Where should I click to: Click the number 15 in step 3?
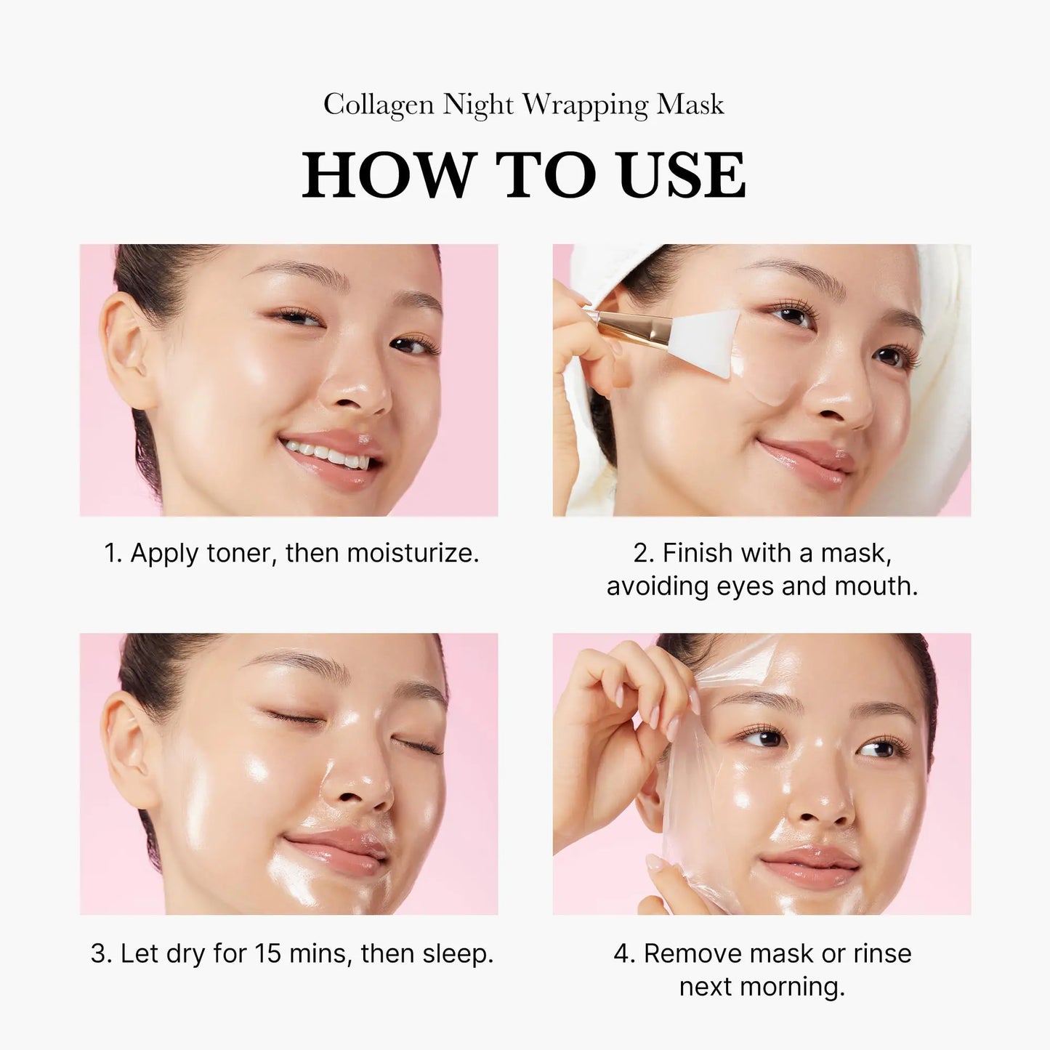click(x=268, y=953)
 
